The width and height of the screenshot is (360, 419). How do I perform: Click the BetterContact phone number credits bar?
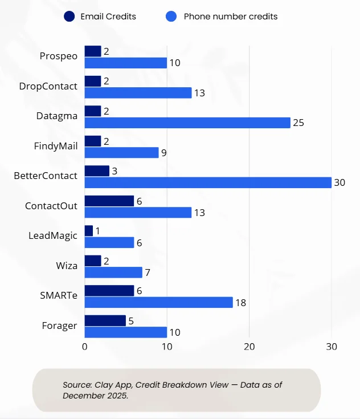tap(208, 182)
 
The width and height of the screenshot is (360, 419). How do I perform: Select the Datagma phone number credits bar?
tap(187, 123)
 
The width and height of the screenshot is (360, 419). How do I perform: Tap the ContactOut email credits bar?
tap(109, 201)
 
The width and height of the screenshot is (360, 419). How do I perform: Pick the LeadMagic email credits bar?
tap(88, 230)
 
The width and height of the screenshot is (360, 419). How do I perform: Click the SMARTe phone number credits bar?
tap(158, 302)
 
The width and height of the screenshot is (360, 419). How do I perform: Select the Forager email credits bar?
tap(105, 320)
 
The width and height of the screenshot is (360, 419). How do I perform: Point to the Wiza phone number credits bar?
tap(113, 272)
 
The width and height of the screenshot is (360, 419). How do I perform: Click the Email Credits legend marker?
tap(70, 17)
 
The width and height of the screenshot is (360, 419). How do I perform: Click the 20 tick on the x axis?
tap(249, 346)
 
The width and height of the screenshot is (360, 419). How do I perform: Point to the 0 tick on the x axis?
tap(84, 346)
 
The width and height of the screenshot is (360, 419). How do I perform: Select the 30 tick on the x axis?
tap(332, 346)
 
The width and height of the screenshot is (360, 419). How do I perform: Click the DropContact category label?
tap(48, 86)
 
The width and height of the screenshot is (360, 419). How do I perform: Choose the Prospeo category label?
tap(58, 56)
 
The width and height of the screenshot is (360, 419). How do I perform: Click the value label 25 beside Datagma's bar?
tap(298, 123)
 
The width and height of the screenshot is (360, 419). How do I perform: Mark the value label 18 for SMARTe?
tap(240, 302)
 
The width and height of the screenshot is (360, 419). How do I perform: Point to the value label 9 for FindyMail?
tap(163, 153)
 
